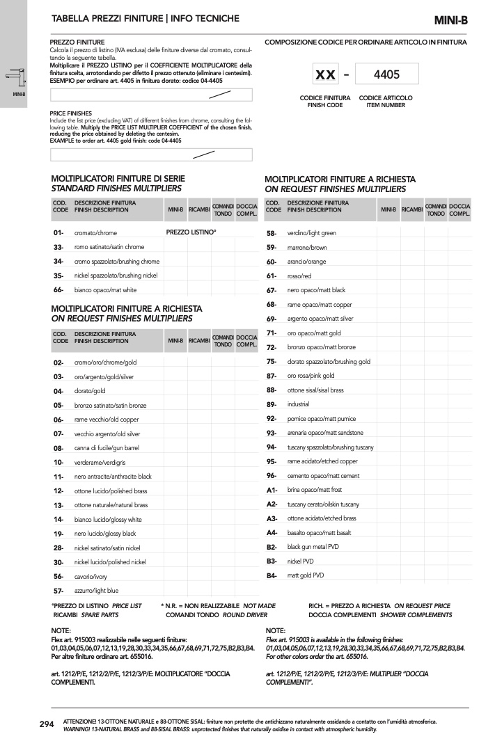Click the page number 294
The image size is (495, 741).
[x=47, y=724]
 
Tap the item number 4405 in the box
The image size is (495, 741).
[x=386, y=74]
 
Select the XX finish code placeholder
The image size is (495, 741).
[x=325, y=74]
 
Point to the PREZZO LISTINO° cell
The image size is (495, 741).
[x=191, y=232]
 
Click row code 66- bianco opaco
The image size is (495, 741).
[x=58, y=289]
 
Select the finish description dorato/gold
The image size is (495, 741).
[x=90, y=391]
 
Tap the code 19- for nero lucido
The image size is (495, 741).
[x=58, y=534]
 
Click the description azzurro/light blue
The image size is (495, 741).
[x=96, y=591]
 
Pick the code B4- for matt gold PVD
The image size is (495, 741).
[x=272, y=576]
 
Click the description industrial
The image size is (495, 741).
[x=299, y=404]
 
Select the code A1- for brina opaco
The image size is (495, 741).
[x=272, y=491]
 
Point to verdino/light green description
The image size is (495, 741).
[x=312, y=233]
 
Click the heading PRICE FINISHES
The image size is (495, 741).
[x=71, y=113]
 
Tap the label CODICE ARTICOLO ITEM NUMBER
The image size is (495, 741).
[x=386, y=102]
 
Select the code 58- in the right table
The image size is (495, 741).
[x=272, y=233]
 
